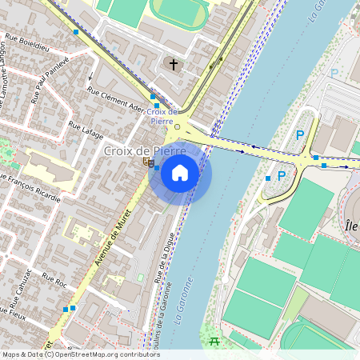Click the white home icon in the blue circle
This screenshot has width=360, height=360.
pyautogui.click(x=180, y=172)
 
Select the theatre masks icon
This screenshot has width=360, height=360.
pyautogui.click(x=148, y=162)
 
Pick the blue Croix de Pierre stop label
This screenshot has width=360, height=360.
pyautogui.click(x=162, y=116)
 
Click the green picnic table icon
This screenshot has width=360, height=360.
pyautogui.click(x=214, y=342)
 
